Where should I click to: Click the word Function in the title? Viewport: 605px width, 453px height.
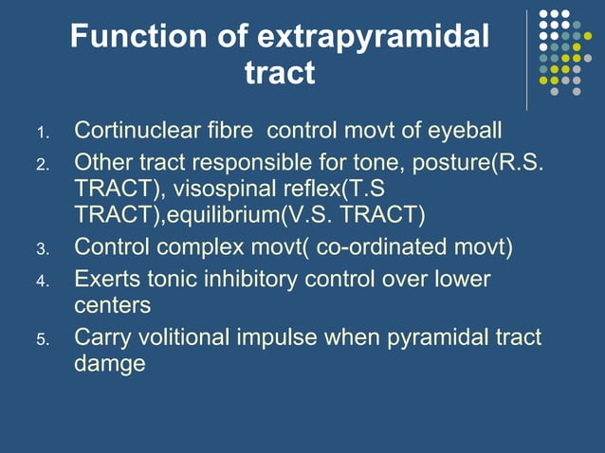pyautogui.click(x=130, y=38)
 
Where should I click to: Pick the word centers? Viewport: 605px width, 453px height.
pyautogui.click(x=112, y=306)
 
